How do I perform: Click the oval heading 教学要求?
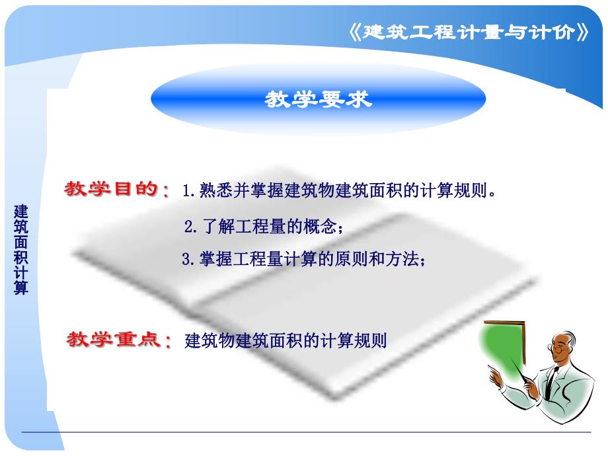[x=319, y=99]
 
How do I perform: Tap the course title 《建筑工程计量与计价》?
[x=467, y=32]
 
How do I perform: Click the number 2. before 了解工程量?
[x=190, y=227]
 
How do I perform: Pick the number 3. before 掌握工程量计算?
[x=188, y=260]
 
